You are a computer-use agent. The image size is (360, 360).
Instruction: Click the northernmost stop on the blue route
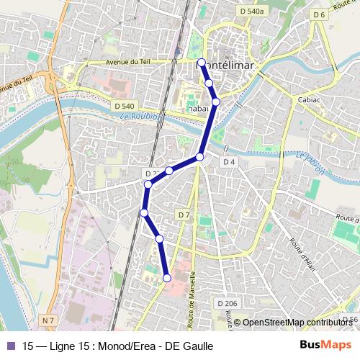[x=202, y=63]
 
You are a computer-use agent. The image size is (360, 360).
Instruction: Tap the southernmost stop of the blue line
[x=167, y=278]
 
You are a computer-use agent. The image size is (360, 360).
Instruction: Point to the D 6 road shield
[x=320, y=14]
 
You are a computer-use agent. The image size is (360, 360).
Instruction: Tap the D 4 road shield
[x=229, y=162]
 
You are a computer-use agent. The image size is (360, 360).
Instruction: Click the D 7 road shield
[x=184, y=215]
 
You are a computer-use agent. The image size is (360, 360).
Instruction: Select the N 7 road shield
[x=49, y=319]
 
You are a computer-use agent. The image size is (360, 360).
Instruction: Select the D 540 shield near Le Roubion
[x=125, y=106]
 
